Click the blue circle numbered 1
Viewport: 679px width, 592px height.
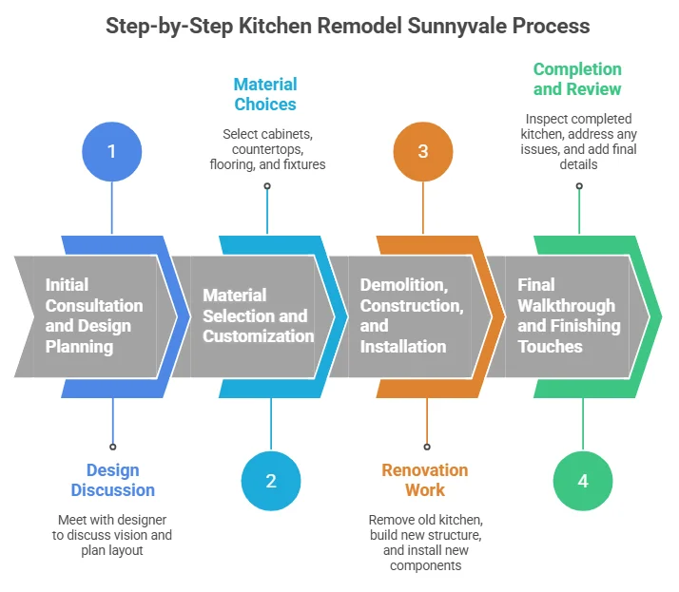pos(112,150)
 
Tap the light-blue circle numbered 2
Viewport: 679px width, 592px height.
pos(270,481)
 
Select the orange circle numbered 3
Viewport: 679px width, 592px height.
pos(423,150)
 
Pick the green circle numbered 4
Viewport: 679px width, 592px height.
pos(583,481)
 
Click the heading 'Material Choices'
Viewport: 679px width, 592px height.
pos(266,94)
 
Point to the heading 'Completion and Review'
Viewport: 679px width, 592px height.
pos(577,79)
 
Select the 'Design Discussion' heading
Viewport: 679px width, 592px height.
pos(113,480)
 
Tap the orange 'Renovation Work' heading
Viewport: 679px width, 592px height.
pos(425,480)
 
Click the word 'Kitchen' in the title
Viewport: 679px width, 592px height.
pos(261,26)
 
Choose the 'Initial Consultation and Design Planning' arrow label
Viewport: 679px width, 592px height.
pos(94,315)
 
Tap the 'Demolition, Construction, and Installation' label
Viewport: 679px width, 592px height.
pos(411,315)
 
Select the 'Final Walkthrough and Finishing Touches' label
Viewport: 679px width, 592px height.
pos(568,315)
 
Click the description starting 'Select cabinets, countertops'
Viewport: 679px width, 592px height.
pos(267,149)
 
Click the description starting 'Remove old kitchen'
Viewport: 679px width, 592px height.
pos(425,543)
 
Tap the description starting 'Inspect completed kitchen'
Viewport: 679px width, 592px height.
pos(579,143)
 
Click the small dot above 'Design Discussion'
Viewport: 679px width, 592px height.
pos(113,446)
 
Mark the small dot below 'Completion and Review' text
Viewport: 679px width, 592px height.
pos(579,186)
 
